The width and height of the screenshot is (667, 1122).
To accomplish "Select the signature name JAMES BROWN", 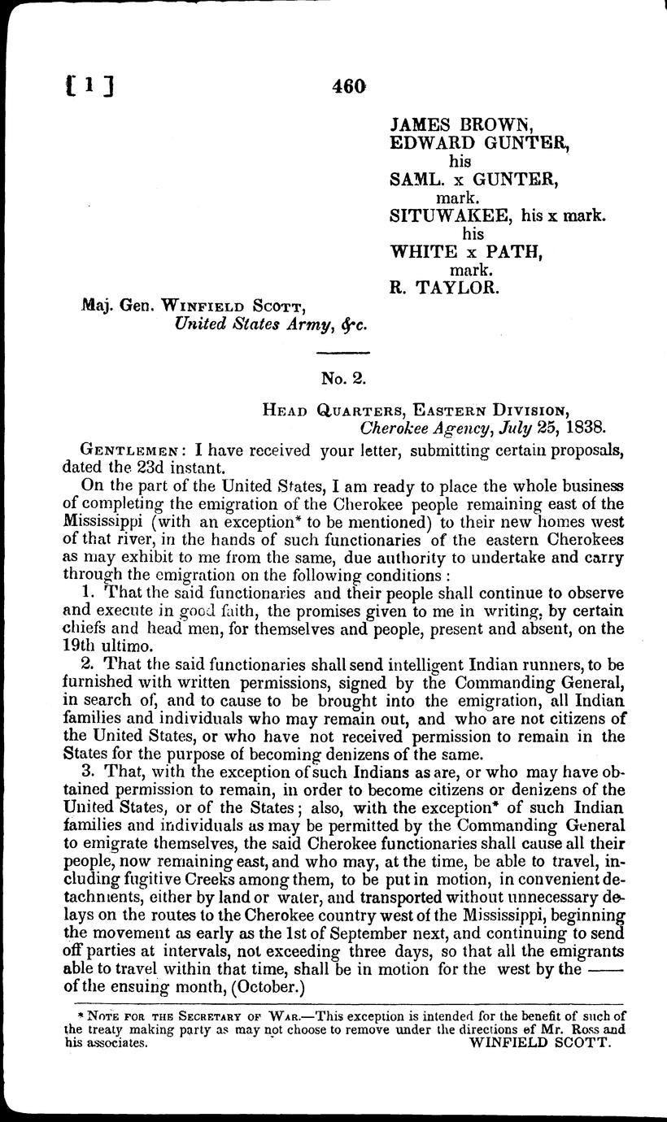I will (461, 126).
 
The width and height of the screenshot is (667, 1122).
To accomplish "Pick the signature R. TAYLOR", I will (442, 286).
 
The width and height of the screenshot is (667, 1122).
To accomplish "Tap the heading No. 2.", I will (342, 376).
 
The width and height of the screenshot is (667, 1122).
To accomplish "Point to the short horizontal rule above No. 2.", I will (342, 351).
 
